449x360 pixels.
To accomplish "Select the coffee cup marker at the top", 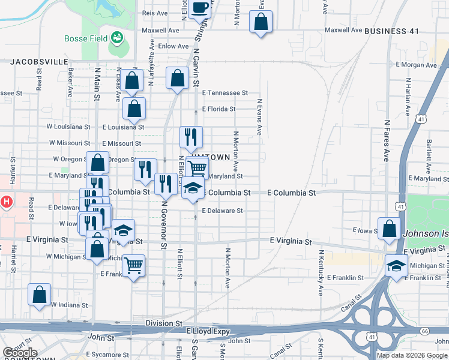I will (x=199, y=8).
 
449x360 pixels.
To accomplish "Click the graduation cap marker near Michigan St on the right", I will (x=396, y=265).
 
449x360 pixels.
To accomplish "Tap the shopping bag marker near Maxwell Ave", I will (x=261, y=22).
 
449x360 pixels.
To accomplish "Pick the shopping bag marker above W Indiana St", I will (x=39, y=295).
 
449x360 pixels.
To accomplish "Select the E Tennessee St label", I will (x=225, y=93).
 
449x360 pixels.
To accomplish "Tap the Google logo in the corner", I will (x=20, y=353).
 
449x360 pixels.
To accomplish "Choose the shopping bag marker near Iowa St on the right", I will (x=389, y=229).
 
